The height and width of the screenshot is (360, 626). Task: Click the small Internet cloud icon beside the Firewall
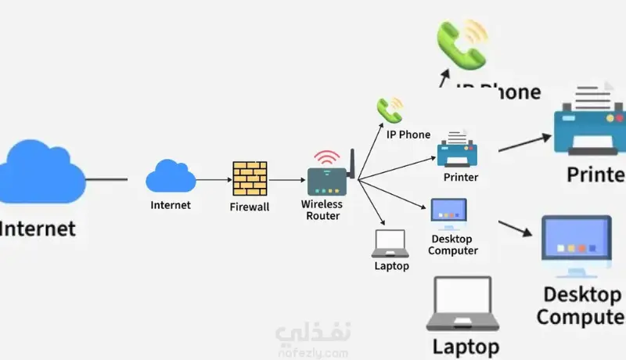click(x=171, y=177)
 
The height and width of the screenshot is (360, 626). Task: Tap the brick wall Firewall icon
click(x=250, y=179)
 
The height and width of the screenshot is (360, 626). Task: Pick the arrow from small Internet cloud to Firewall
click(x=213, y=180)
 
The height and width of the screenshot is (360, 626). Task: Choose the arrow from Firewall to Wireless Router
click(x=287, y=180)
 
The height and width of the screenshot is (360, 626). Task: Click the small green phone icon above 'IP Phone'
click(x=388, y=111)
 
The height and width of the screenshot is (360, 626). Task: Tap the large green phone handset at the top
click(x=462, y=42)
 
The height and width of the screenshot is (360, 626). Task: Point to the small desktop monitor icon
click(x=449, y=212)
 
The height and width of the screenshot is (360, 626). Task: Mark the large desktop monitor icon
click(x=577, y=247)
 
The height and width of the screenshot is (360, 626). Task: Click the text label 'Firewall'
click(x=250, y=207)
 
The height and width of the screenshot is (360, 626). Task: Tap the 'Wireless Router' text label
click(x=322, y=210)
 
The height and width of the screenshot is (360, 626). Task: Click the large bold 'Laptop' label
click(x=466, y=345)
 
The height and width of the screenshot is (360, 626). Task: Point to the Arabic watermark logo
click(x=313, y=338)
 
